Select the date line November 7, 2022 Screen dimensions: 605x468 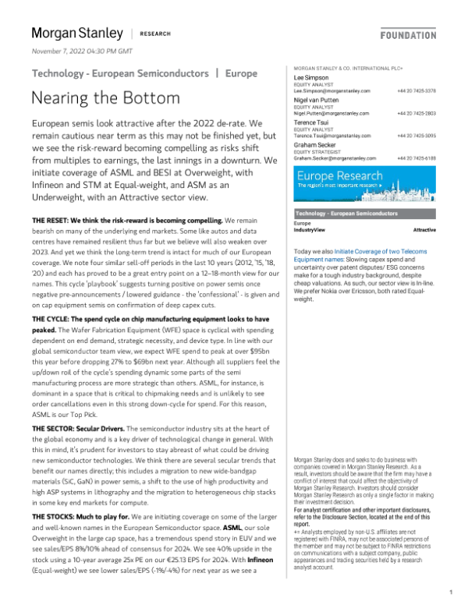(82, 51)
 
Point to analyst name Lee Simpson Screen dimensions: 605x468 (311, 79)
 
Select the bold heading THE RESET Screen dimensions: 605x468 (54, 222)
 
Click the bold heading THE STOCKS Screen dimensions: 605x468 (57, 517)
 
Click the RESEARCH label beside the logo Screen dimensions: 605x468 (155, 34)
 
